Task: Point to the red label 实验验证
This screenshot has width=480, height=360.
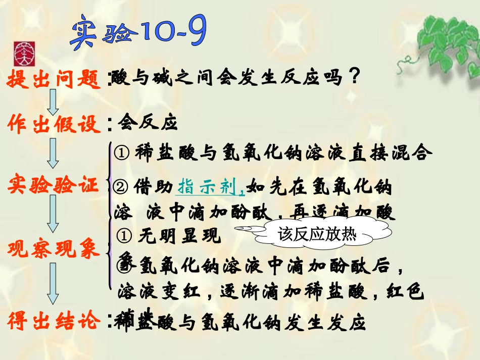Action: point(54,186)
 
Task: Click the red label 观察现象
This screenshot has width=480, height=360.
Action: point(54,249)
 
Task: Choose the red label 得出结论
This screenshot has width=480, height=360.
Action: point(54,321)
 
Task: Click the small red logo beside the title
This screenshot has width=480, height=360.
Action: point(22,52)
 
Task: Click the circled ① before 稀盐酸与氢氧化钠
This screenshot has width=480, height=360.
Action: point(122,152)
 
